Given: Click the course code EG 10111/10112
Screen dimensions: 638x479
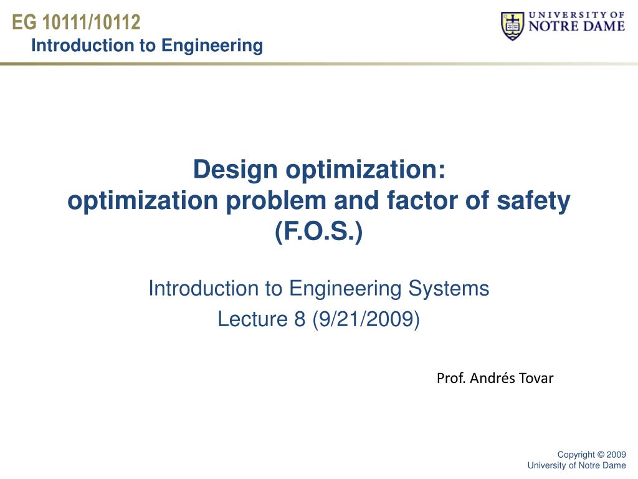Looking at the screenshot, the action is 76,22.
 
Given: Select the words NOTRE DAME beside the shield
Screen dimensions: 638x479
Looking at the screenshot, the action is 576,26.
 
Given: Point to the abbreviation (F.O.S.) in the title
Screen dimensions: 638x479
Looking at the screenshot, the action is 318,231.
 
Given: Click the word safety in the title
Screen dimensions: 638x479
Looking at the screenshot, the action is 533,201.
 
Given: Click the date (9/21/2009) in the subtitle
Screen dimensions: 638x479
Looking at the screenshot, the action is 366,319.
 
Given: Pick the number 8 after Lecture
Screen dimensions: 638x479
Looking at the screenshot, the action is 300,319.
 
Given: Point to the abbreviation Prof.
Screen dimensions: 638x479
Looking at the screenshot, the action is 451,379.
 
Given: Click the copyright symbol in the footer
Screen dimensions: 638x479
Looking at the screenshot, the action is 600,455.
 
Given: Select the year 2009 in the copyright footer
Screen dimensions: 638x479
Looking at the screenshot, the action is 616,455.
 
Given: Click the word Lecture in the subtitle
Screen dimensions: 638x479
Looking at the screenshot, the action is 253,319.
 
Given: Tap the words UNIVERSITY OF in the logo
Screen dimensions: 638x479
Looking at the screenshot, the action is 576,15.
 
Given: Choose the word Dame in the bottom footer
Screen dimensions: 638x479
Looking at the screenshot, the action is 614,465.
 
